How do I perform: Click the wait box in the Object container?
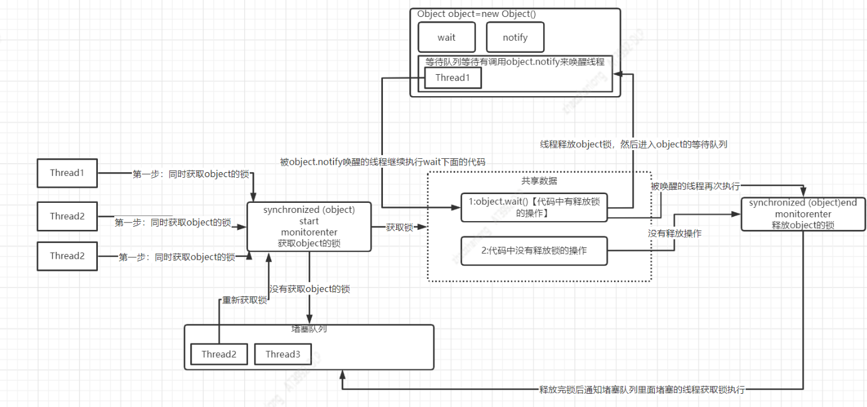click(446, 37)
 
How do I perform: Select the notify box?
click(515, 37)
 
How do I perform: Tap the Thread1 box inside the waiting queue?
click(453, 78)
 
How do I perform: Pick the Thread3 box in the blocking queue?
click(283, 354)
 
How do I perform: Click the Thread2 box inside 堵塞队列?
click(219, 354)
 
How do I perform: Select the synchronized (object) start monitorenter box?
click(309, 227)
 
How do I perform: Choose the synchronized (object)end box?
click(803, 214)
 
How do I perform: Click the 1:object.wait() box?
click(534, 207)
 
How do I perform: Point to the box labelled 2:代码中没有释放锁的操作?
click(534, 251)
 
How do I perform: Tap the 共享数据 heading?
click(538, 181)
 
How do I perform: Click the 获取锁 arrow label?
click(399, 227)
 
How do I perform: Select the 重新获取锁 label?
click(245, 300)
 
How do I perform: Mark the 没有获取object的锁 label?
click(310, 290)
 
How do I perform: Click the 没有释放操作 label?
click(675, 233)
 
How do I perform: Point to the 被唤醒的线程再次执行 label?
click(696, 186)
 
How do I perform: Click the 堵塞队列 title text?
click(308, 328)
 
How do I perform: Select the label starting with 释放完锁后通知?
click(642, 389)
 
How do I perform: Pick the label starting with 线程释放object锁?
click(633, 144)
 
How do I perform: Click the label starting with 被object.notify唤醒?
click(382, 162)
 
